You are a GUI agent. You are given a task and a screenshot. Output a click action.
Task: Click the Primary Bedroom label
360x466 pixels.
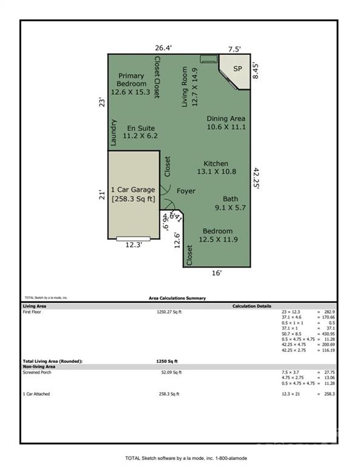tap(131, 84)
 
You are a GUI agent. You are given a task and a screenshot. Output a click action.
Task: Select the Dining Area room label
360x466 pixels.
tap(226, 123)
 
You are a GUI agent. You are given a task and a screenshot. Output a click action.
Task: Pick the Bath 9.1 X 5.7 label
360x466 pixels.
tap(230, 203)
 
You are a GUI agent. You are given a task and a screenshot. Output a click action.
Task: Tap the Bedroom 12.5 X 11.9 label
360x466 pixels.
tap(217, 235)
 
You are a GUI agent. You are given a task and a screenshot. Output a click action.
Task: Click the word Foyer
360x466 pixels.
tap(186, 191)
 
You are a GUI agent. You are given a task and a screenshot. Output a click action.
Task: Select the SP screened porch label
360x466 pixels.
tap(237, 69)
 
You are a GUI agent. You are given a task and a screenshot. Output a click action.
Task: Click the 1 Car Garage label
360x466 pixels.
tap(133, 194)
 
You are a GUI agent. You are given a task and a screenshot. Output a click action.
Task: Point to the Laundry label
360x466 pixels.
tap(114, 132)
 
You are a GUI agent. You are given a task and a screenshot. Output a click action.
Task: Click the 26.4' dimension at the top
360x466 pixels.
tap(163, 47)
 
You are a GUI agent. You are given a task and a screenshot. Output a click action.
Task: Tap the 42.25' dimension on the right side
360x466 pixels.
tap(257, 179)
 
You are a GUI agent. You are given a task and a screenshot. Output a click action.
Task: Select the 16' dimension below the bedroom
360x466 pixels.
tap(217, 273)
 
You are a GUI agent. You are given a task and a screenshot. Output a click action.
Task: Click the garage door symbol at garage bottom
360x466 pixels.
tap(134, 238)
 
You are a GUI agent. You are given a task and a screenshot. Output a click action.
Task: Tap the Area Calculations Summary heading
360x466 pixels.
tap(177, 298)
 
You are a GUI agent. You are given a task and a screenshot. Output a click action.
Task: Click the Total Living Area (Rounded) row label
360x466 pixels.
tap(52, 361)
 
